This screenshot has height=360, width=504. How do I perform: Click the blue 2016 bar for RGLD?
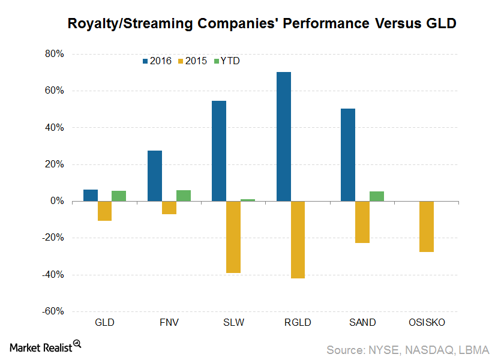coord(284,137)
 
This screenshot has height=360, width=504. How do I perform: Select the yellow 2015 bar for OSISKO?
coord(427,227)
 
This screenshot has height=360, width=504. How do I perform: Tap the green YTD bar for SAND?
coord(377,196)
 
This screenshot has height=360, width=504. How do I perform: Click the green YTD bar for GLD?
coord(119,196)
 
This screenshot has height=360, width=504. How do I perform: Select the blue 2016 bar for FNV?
coord(155,176)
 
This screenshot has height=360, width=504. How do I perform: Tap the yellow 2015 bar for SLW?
coord(233,237)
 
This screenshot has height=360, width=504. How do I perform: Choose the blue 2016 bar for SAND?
coord(348,155)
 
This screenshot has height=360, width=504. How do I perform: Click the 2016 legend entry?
coord(157,61)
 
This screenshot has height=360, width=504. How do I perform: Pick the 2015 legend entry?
coord(194,61)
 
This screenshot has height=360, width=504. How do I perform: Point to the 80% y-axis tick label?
coord(53,54)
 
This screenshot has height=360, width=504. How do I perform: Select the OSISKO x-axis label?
coord(427,322)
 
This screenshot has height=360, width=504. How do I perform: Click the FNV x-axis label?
coord(169,322)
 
